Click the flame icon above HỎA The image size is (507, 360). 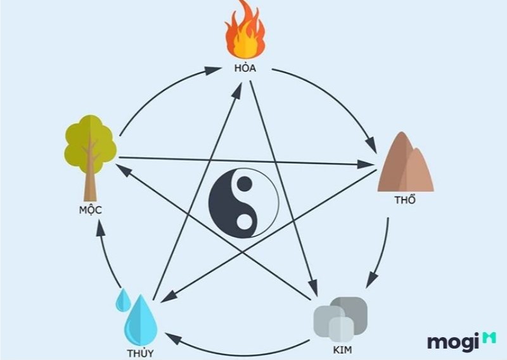pyautogui.click(x=245, y=30)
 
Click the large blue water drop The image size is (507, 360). pyautogui.click(x=141, y=320)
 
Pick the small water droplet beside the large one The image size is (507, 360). pyautogui.click(x=123, y=300)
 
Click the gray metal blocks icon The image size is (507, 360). pyautogui.click(x=340, y=319)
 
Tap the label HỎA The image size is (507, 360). pyautogui.click(x=245, y=68)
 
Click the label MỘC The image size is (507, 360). pyautogui.click(x=91, y=210)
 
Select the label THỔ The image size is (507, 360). pyautogui.click(x=405, y=200)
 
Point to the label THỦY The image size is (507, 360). pyautogui.click(x=140, y=353)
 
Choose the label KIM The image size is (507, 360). pyautogui.click(x=342, y=350)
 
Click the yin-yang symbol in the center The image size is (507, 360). pyautogui.click(x=243, y=203)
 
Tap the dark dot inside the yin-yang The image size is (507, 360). pyautogui.click(x=245, y=184)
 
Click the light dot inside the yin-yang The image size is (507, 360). pyautogui.click(x=245, y=222)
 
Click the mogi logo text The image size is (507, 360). pyautogui.click(x=453, y=342)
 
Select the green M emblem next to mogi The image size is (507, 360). pyautogui.click(x=489, y=338)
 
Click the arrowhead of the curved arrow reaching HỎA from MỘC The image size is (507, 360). pyautogui.click(x=214, y=70)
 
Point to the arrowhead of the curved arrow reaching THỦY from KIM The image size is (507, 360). pyautogui.click(x=173, y=338)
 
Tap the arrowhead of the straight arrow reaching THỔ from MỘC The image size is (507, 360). pyautogui.click(x=366, y=164)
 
